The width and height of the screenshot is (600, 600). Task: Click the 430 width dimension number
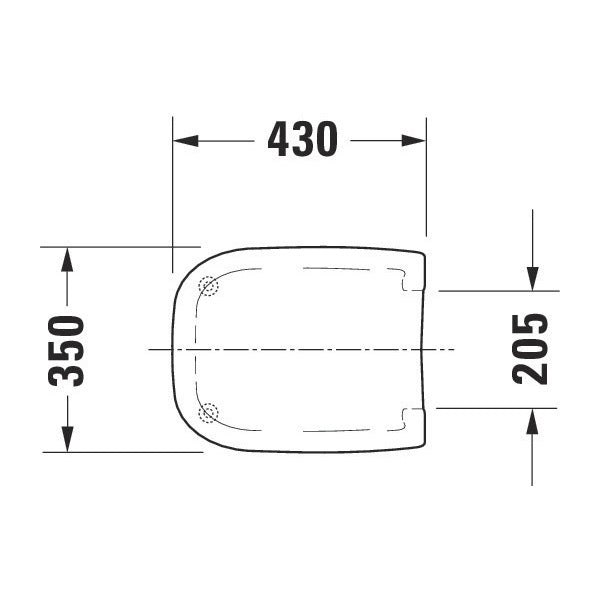click(302, 141)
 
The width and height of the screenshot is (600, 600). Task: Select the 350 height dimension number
click(67, 350)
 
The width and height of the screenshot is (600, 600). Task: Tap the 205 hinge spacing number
click(530, 349)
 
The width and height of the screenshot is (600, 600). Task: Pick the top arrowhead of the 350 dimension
click(67, 259)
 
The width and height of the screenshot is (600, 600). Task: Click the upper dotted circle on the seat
click(208, 286)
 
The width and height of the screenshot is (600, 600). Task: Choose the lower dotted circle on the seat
click(208, 411)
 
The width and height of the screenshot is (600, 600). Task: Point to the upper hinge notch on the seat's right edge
click(410, 283)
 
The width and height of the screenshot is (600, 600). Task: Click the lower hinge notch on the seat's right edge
click(410, 415)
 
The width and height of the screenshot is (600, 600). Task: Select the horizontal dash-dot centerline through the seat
click(300, 349)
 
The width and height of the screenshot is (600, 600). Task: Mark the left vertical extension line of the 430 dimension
click(173, 200)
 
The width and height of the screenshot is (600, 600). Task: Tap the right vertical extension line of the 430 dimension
click(427, 180)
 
